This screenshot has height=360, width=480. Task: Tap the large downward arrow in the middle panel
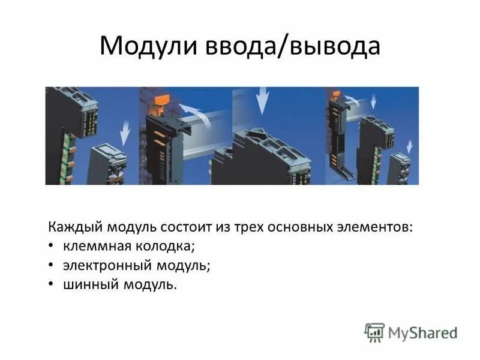[x=262, y=101]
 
